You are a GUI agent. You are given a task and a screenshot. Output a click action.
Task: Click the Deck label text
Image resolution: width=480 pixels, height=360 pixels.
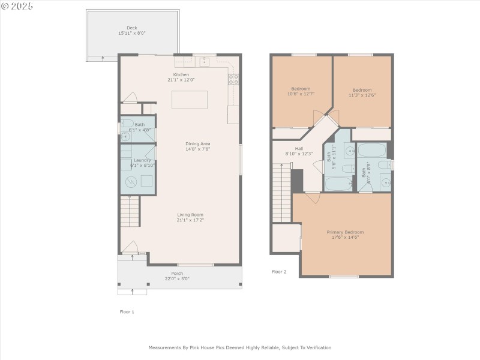(131, 28)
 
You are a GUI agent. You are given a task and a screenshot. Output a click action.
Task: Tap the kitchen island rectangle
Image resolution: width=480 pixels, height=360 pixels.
(190, 100)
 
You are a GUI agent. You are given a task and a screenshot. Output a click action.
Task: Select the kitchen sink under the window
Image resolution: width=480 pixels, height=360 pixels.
(204, 61)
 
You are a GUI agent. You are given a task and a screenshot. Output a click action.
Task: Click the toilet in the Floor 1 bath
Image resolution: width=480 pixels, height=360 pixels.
(125, 136)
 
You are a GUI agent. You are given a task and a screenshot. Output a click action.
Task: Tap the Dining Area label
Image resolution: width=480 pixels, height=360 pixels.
(197, 144)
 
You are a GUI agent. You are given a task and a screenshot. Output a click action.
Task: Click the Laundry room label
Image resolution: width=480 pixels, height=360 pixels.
(142, 160)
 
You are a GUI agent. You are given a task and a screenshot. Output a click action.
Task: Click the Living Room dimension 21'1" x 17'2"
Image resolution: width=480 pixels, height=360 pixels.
(190, 220)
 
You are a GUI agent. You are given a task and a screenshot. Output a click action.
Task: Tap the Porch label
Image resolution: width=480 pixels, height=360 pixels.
(177, 273)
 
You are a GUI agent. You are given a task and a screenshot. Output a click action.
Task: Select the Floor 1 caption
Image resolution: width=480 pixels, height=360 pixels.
(127, 312)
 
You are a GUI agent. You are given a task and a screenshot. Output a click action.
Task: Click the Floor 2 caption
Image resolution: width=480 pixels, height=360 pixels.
(279, 272)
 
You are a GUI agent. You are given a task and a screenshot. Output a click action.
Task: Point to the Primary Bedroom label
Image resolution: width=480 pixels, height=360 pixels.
(345, 232)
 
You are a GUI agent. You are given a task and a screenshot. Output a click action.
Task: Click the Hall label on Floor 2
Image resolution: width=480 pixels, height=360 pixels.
(299, 148)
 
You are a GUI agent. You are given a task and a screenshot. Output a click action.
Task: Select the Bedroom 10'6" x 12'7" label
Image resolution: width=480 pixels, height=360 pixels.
(301, 89)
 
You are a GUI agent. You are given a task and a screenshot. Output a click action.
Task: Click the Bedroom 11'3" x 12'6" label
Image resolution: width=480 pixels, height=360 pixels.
(362, 89)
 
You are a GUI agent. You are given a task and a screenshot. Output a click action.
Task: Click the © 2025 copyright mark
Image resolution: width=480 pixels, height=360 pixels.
(17, 6)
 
